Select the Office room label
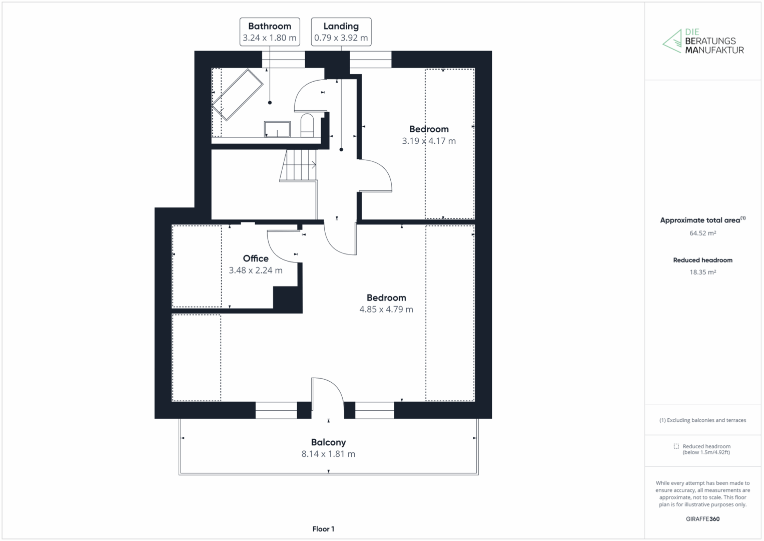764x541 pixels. (x=256, y=258)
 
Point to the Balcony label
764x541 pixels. (x=328, y=442)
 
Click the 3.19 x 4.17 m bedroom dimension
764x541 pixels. (x=429, y=141)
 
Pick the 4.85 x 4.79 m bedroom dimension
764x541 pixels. (x=386, y=310)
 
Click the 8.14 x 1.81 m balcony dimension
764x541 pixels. (x=328, y=454)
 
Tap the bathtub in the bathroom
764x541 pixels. (x=237, y=95)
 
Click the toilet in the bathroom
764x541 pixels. (x=307, y=125)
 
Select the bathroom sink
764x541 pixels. (x=277, y=129)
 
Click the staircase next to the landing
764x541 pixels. (x=298, y=166)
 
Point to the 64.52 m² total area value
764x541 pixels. (x=702, y=233)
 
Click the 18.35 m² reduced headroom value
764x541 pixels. (x=702, y=272)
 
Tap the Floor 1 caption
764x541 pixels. (x=323, y=529)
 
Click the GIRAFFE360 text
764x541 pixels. (x=702, y=519)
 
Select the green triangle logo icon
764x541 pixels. (x=672, y=42)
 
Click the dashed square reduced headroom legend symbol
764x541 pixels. (x=676, y=446)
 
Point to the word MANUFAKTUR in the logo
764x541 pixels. (x=714, y=50)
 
